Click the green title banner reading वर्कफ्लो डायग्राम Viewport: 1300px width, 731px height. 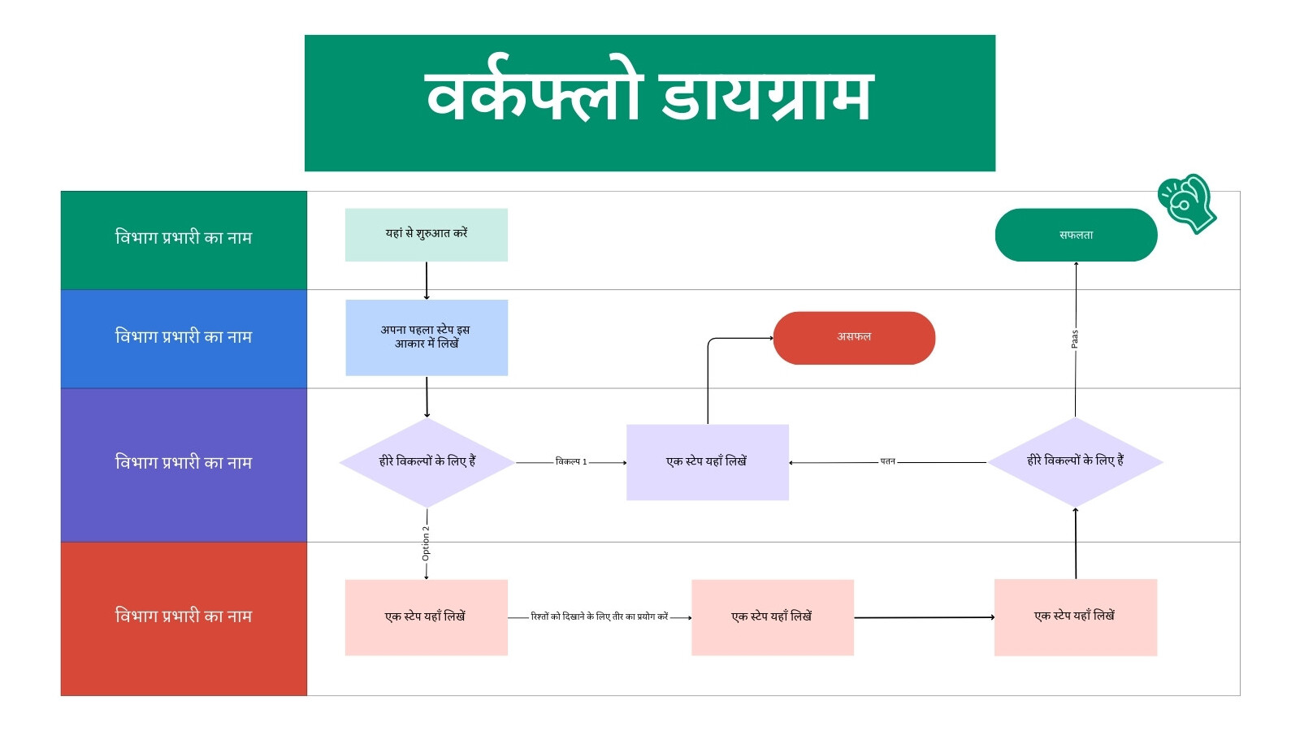pyautogui.click(x=650, y=103)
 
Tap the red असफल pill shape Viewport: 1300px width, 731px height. pyautogui.click(x=854, y=338)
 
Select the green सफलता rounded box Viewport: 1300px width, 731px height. pyautogui.click(x=1076, y=235)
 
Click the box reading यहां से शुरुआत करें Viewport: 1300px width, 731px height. pyautogui.click(x=427, y=235)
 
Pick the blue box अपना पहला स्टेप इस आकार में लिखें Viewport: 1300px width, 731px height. pyautogui.click(x=427, y=338)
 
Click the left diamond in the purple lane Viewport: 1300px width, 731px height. pyautogui.click(x=427, y=462)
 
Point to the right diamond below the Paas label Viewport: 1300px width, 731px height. pyautogui.click(x=1076, y=462)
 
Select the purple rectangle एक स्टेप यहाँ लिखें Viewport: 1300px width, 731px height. pyautogui.click(x=708, y=462)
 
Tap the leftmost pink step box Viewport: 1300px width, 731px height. pyautogui.click(x=427, y=617)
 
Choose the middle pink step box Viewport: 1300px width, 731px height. pyautogui.click(x=773, y=617)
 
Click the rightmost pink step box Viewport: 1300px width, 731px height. pyautogui.click(x=1076, y=617)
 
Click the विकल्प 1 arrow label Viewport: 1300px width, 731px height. pyautogui.click(x=571, y=462)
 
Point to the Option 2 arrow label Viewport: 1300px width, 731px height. pyautogui.click(x=426, y=543)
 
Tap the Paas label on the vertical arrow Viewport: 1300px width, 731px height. pyautogui.click(x=1074, y=339)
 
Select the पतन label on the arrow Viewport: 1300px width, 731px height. pyautogui.click(x=888, y=461)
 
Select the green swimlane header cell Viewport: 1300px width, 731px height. pyautogui.click(x=184, y=240)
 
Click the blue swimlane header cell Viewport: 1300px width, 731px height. pyautogui.click(x=184, y=339)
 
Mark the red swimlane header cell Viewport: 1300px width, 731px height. pyautogui.click(x=184, y=619)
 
